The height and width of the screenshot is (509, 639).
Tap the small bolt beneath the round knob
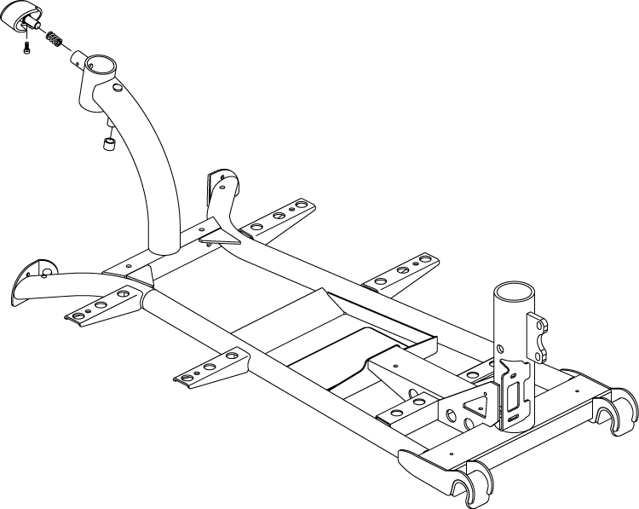28,48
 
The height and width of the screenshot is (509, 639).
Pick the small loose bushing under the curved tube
109,143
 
